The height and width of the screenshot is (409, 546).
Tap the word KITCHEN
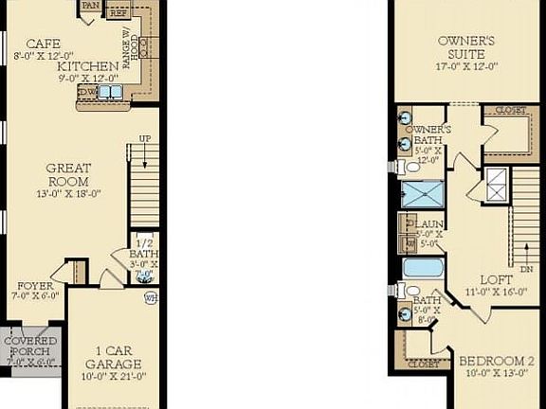(87, 66)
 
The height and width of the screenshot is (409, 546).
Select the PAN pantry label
(91, 5)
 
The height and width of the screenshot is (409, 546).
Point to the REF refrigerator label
(118, 14)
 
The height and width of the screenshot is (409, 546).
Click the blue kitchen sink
(112, 92)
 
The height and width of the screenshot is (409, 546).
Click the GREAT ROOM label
(68, 175)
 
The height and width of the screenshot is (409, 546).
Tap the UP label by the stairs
(145, 138)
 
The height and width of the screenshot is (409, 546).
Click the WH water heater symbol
(150, 297)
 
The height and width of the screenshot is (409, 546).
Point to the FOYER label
(35, 285)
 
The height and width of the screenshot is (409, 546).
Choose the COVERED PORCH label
(30, 346)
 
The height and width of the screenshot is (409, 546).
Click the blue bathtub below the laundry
(423, 267)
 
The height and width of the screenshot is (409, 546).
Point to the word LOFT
(496, 279)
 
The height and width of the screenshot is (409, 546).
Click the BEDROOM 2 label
(497, 361)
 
